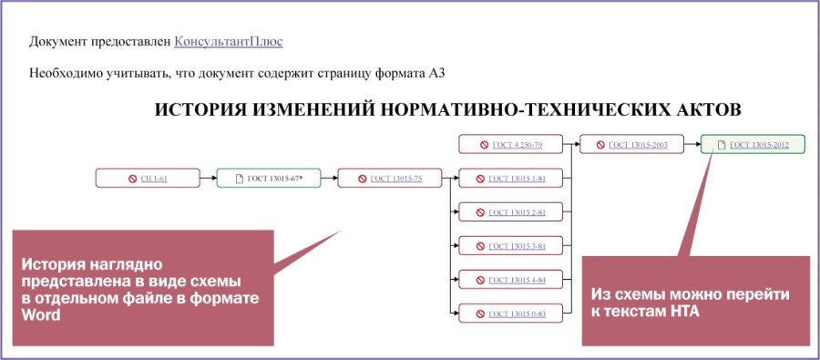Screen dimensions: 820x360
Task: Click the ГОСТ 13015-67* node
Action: click(269, 179)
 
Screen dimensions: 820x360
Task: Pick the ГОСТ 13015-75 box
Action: click(389, 179)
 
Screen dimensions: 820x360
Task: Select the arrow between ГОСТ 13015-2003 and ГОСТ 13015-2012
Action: click(692, 145)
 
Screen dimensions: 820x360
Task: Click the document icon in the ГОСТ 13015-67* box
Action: click(240, 179)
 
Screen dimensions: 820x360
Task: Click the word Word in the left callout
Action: click(41, 314)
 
